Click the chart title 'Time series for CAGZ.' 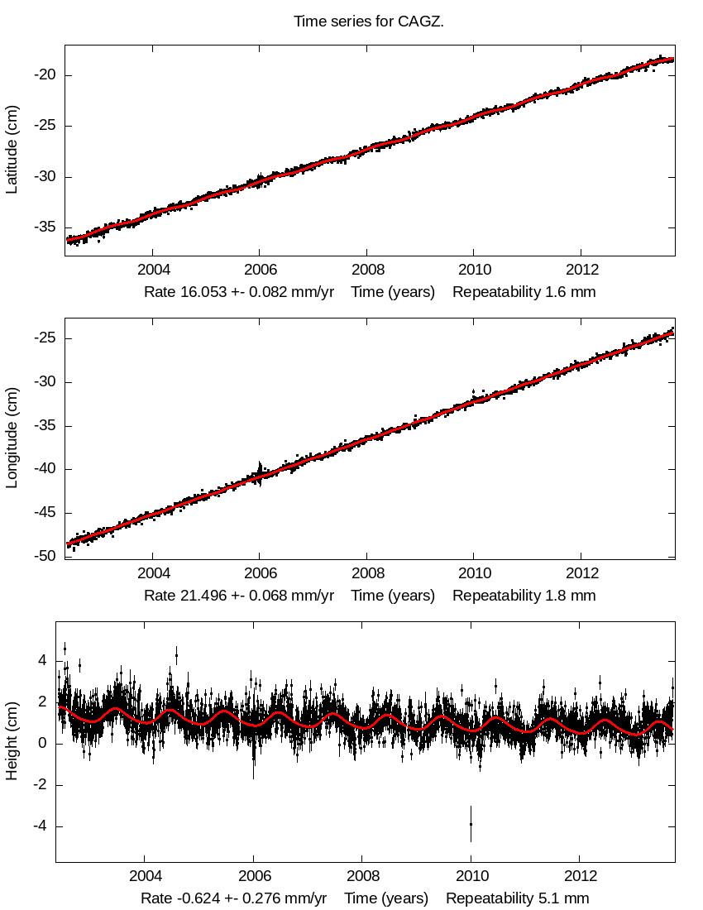[369, 22]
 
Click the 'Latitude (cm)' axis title [12, 150]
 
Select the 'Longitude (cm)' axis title [12, 437]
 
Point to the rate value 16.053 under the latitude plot [204, 292]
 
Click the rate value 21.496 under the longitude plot [204, 596]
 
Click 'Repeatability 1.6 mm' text [524, 292]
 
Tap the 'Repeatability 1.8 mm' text [524, 596]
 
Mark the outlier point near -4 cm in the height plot [471, 824]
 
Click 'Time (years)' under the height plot [386, 898]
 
